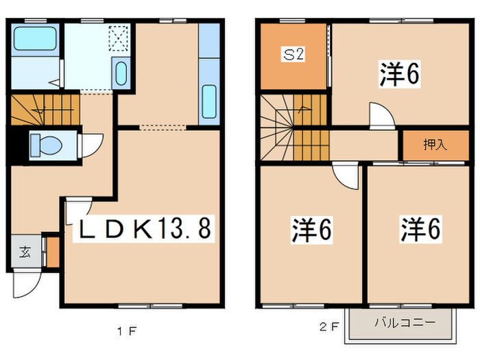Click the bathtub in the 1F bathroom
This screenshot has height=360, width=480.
coord(35,38)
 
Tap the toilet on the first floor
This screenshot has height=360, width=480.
coord(46,145)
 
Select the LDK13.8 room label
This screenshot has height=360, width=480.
coord(144,228)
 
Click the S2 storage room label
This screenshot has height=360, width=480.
coord(293,54)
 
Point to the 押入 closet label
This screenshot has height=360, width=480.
coord(435,145)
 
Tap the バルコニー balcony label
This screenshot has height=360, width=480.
coord(405,322)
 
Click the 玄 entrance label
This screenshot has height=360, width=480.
coord(25,252)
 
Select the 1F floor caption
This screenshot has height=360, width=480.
coord(127,331)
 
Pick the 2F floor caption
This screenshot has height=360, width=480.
coord(329,327)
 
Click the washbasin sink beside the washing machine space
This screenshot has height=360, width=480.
coord(121,73)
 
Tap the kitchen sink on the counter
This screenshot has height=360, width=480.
coord(209,101)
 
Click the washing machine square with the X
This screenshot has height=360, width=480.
coord(119,38)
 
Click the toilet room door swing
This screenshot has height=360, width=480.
coord(91,145)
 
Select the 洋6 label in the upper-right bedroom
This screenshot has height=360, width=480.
coord(400,74)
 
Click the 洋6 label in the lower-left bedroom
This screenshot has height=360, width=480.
coord(311,230)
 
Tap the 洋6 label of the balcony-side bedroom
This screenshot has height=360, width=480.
coord(420,229)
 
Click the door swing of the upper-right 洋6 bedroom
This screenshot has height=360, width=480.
coord(382,115)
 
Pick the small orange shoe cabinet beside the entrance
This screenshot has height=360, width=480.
coord(53,252)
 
